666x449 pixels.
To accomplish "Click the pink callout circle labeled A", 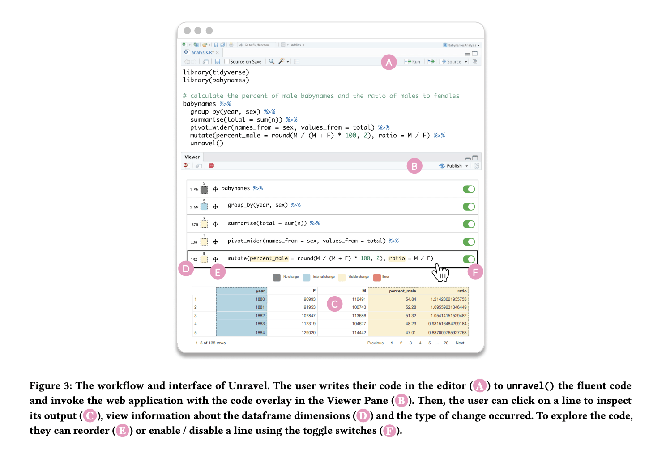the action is [x=388, y=63].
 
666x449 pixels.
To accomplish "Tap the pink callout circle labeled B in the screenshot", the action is [x=414, y=166].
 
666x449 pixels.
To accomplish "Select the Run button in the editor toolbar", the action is [x=412, y=62].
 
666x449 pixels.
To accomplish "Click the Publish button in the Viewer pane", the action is [x=453, y=166].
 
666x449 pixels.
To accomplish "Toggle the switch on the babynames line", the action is [x=469, y=189].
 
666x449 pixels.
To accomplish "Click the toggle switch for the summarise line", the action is [x=469, y=224].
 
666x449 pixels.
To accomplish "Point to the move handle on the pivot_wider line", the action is [x=215, y=241].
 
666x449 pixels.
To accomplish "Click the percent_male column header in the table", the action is [x=402, y=291].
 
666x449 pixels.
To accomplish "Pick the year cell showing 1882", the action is [x=260, y=316].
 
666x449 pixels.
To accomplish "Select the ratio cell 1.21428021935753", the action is [x=448, y=299].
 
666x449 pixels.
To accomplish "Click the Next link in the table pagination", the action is [x=460, y=343].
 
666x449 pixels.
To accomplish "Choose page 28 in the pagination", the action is [x=446, y=343].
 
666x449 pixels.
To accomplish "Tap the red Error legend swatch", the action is [x=377, y=277].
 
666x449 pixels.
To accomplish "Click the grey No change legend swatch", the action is [x=277, y=277].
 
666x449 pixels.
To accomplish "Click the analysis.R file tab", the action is [x=202, y=52].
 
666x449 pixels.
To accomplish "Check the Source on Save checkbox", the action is [x=227, y=62].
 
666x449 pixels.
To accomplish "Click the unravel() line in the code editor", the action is [x=206, y=144].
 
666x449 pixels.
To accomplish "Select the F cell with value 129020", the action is [x=308, y=333].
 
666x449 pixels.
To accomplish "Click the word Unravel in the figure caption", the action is [x=248, y=386].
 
